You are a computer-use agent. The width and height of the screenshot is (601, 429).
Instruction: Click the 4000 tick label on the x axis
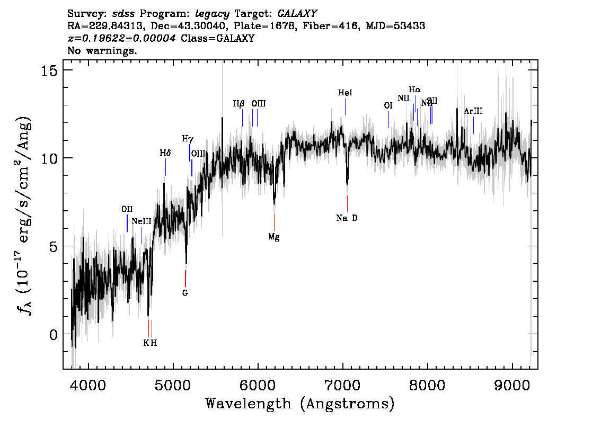pyautogui.click(x=88, y=383)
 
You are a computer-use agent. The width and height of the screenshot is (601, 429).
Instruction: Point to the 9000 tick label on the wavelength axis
pyautogui.click(x=512, y=383)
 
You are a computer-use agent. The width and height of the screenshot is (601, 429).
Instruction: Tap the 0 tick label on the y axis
pyautogui.click(x=53, y=334)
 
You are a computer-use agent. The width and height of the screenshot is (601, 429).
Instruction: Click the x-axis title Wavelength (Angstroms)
pyautogui.click(x=300, y=404)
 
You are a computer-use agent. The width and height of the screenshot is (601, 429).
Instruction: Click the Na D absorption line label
pyautogui.click(x=347, y=218)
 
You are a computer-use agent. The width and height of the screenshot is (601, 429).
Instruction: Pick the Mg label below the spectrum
pyautogui.click(x=273, y=237)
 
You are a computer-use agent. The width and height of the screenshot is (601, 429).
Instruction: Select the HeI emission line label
pyautogui.click(x=345, y=93)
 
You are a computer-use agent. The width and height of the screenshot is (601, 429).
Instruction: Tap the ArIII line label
pyautogui.click(x=473, y=111)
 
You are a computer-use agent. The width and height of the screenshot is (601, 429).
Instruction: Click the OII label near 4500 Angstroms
pyautogui.click(x=127, y=209)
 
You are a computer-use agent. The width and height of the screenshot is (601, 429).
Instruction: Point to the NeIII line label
pyautogui.click(x=142, y=221)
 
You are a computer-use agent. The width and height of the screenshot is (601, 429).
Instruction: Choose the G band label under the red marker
pyautogui.click(x=185, y=292)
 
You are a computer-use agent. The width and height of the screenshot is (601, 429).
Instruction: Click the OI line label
pyautogui.click(x=388, y=106)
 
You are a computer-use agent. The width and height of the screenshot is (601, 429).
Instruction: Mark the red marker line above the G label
pyautogui.click(x=185, y=278)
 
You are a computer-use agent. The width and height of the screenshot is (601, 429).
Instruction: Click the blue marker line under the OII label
pyautogui.click(x=127, y=223)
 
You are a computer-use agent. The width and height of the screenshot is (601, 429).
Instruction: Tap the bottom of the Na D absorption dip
pyautogui.click(x=347, y=184)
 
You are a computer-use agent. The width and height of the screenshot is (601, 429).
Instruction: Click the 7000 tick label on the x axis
pyautogui.click(x=343, y=383)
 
